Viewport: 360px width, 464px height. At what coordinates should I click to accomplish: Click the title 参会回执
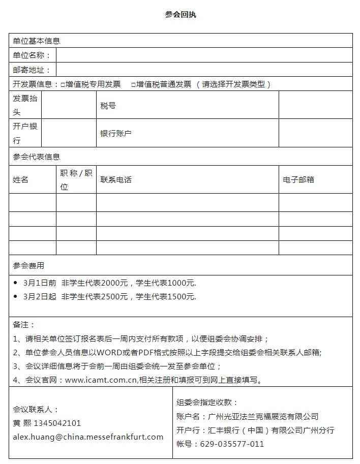(180, 15)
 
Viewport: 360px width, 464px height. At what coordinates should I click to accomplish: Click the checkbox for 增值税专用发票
(63, 85)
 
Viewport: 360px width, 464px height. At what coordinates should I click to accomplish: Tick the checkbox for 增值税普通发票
(133, 85)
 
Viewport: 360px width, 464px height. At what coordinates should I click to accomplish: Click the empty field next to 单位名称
(203, 55)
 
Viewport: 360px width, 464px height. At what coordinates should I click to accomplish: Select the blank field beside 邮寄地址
(203, 70)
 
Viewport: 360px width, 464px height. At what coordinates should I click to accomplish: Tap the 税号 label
(108, 106)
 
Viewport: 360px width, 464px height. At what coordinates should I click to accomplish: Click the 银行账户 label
(115, 134)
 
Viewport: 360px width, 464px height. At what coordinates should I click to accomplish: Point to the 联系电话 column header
(115, 180)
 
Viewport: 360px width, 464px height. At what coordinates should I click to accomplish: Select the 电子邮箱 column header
(298, 180)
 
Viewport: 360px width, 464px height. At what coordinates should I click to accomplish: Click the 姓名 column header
(21, 180)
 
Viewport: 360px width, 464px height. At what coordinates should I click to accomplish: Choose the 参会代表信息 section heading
(37, 157)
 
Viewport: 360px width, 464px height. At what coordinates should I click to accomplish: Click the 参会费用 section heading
(28, 265)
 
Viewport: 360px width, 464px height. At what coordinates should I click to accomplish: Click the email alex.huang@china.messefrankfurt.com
(88, 437)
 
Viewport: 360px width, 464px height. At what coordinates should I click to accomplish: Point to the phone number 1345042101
(56, 423)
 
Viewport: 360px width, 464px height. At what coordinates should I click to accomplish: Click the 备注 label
(24, 324)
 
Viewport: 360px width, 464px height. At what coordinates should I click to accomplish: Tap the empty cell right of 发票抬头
(69, 105)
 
